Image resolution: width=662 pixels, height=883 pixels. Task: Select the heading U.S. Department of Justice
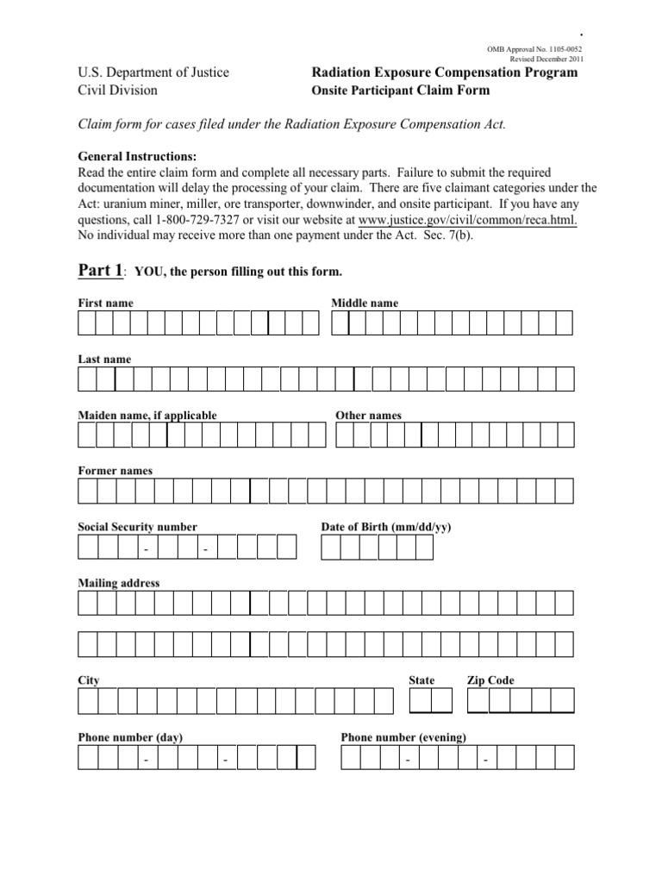[x=153, y=72]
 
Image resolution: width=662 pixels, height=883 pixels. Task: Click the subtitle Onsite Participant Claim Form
[x=400, y=90]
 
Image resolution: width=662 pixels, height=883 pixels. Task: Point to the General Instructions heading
[x=138, y=156]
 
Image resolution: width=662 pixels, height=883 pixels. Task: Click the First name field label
[x=105, y=304]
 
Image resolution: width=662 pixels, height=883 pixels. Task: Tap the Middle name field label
[x=365, y=304]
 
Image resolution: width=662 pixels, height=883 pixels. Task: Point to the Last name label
[x=104, y=360]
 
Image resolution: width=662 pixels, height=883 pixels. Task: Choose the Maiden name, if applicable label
[x=147, y=416]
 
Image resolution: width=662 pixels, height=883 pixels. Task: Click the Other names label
[x=368, y=416]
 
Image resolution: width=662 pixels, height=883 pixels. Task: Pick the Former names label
[x=116, y=471]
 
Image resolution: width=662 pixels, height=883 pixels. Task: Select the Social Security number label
[x=138, y=527]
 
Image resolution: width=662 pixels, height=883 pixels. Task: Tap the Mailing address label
[x=119, y=583]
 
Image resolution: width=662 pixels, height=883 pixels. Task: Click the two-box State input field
[x=431, y=701]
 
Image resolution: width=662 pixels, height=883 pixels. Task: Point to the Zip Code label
[x=490, y=680]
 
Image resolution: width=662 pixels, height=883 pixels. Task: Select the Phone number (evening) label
[x=404, y=737]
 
